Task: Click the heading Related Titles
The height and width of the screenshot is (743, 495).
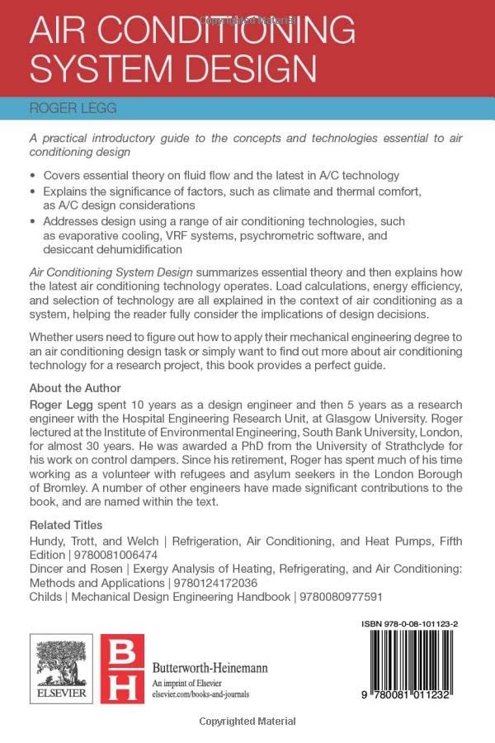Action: click(66, 525)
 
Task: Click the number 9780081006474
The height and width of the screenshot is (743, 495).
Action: click(115, 555)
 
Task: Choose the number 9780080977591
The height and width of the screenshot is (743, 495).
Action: click(347, 597)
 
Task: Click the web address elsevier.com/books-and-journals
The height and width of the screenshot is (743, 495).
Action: click(200, 696)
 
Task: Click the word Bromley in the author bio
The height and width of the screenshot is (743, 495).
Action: click(57, 485)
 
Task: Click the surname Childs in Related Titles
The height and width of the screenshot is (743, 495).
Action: click(46, 597)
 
